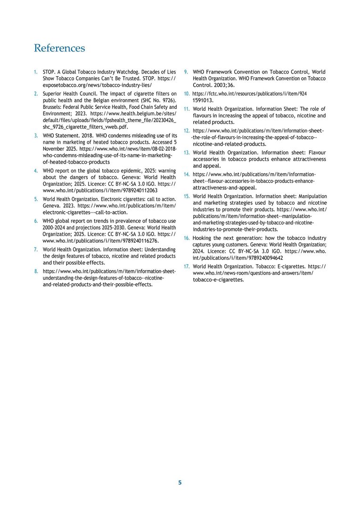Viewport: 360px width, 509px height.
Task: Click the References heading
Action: (x=59, y=48)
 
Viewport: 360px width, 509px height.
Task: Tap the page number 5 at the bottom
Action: (x=180, y=483)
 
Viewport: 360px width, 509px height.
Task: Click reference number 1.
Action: (x=35, y=72)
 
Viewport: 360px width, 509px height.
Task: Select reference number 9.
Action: (x=186, y=72)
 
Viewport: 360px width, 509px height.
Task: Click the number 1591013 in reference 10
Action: (x=203, y=100)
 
